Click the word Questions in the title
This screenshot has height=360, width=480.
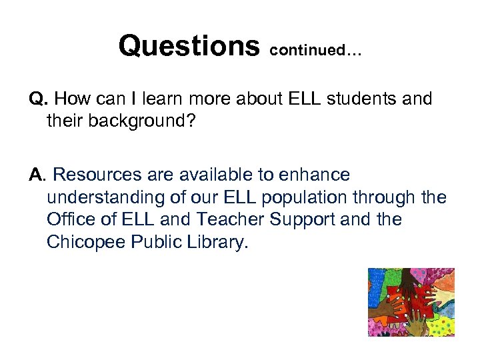(x=189, y=46)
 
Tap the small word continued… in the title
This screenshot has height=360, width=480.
(x=315, y=51)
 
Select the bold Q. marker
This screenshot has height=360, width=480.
(x=38, y=100)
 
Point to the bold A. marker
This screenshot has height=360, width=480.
(x=38, y=175)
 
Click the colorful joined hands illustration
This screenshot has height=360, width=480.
(x=411, y=302)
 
